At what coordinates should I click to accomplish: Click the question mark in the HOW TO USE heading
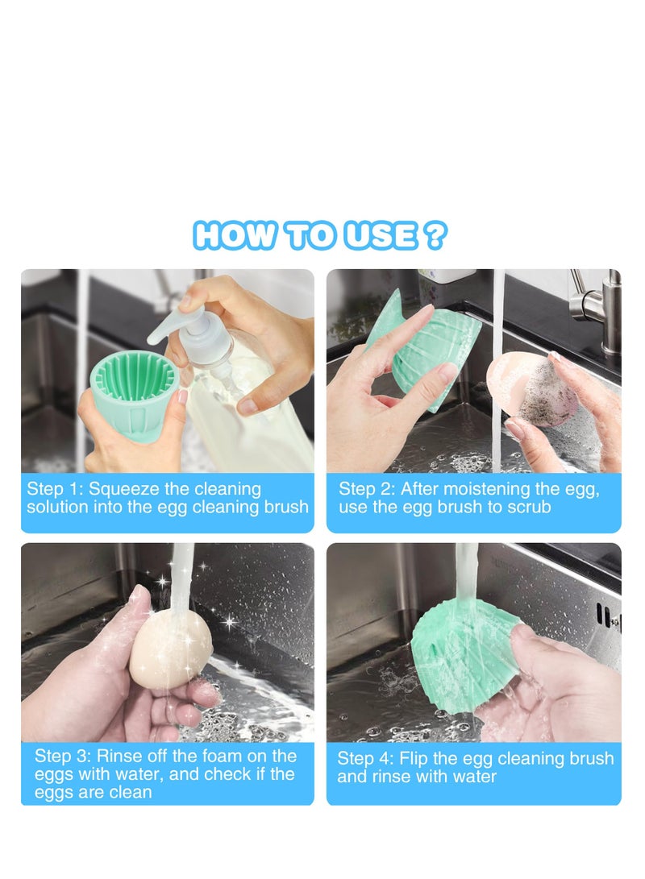(x=435, y=234)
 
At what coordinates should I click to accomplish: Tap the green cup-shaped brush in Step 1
(x=132, y=395)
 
